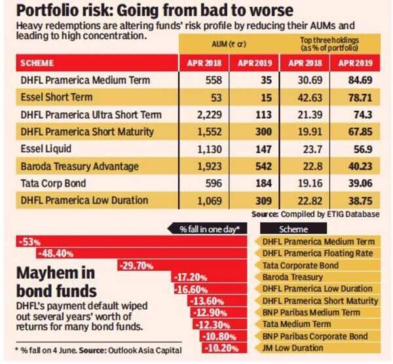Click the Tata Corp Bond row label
pos(54,183)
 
